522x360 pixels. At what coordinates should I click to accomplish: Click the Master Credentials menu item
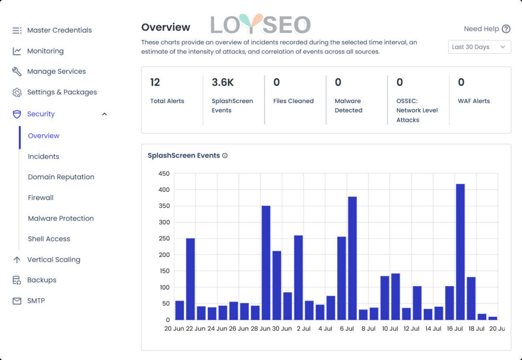tap(59, 30)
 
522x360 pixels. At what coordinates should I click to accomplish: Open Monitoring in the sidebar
tap(45, 51)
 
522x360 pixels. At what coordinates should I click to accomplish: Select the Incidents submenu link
tap(43, 156)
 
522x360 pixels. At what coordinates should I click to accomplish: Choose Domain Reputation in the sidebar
tap(61, 177)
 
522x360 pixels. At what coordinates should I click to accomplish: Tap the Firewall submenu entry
tap(41, 198)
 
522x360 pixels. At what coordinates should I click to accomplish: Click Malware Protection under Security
tap(61, 218)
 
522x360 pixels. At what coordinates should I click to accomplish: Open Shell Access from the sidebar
tap(49, 239)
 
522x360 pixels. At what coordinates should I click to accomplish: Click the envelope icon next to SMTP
tap(17, 301)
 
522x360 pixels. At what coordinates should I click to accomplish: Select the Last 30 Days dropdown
tap(479, 47)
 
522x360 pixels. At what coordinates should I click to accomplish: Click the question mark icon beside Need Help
tap(506, 29)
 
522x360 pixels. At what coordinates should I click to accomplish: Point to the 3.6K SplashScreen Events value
tap(222, 83)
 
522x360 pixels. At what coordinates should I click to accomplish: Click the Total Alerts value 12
tap(155, 83)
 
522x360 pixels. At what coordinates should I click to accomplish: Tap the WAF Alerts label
tap(473, 101)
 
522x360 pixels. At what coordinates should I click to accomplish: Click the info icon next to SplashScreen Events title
tap(225, 156)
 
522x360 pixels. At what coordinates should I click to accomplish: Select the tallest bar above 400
tap(460, 251)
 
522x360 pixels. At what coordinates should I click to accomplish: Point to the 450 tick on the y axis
tap(164, 173)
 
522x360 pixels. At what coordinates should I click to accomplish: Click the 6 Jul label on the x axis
tap(347, 329)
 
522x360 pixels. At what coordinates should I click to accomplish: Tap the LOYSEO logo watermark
tap(260, 25)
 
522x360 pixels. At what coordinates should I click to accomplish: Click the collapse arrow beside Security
tap(104, 114)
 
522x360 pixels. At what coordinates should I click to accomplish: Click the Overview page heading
tap(165, 27)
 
